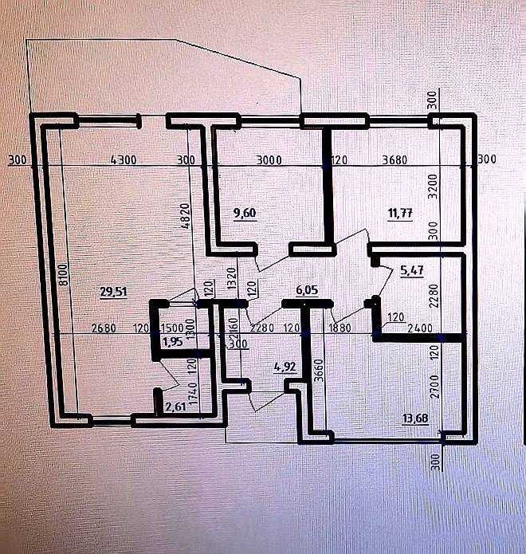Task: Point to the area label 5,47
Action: pos(411,271)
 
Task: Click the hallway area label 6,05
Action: pos(307,292)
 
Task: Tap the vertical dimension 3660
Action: pos(317,372)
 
